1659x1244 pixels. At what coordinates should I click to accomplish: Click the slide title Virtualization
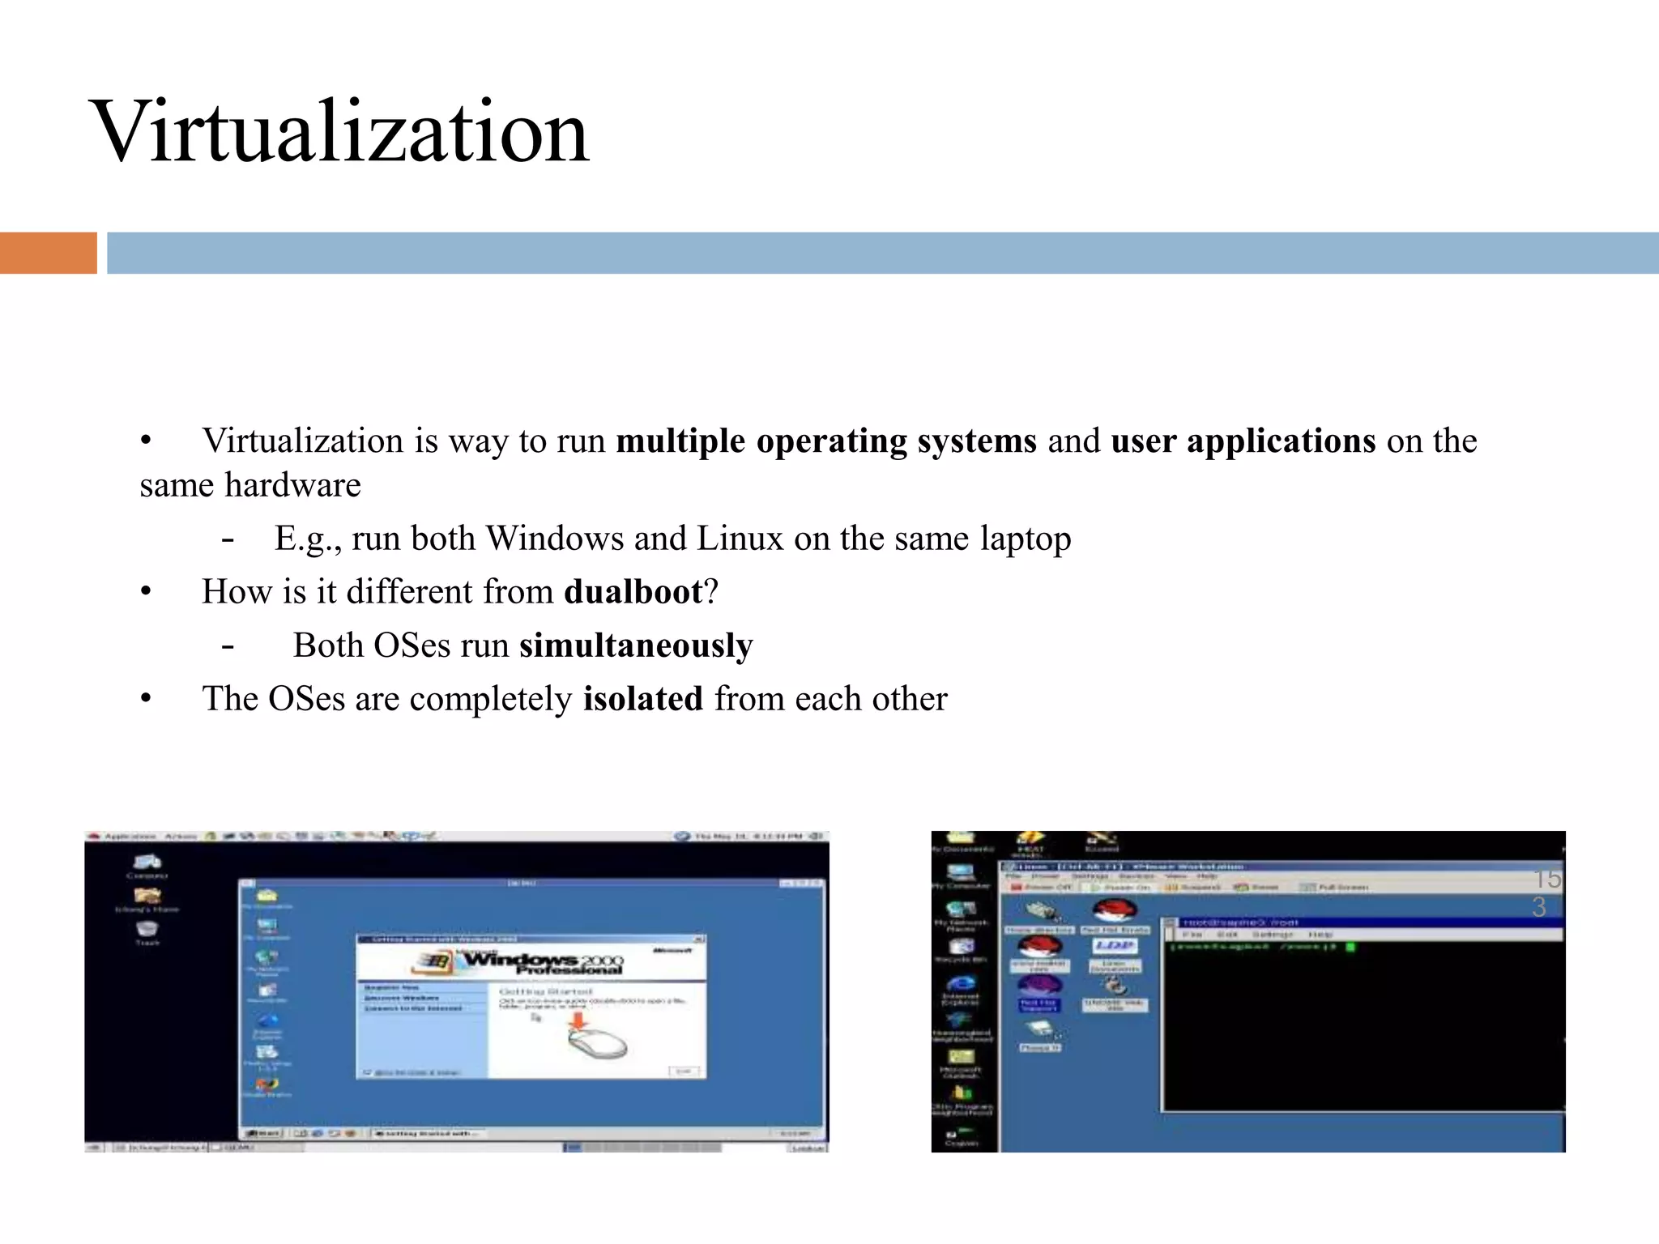(x=340, y=132)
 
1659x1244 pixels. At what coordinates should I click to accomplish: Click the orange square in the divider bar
(x=48, y=253)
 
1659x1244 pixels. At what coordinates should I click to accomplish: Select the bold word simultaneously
(x=636, y=645)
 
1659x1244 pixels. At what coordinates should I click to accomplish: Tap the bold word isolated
(x=643, y=699)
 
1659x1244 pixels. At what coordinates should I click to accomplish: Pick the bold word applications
(x=1281, y=441)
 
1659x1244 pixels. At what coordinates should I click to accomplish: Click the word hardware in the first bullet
(x=292, y=486)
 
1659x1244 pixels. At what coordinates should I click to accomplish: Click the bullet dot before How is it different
(x=146, y=592)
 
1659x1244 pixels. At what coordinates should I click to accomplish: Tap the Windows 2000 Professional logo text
(x=541, y=963)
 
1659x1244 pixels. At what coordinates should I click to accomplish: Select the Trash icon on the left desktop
(x=147, y=931)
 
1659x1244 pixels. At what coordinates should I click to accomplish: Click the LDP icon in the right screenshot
(x=1115, y=946)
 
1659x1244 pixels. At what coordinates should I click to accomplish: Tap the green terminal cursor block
(x=1350, y=947)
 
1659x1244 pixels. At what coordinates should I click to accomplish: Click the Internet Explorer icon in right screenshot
(x=961, y=986)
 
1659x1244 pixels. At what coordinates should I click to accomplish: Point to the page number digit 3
(x=1539, y=908)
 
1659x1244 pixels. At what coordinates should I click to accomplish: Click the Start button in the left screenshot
(x=264, y=1133)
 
